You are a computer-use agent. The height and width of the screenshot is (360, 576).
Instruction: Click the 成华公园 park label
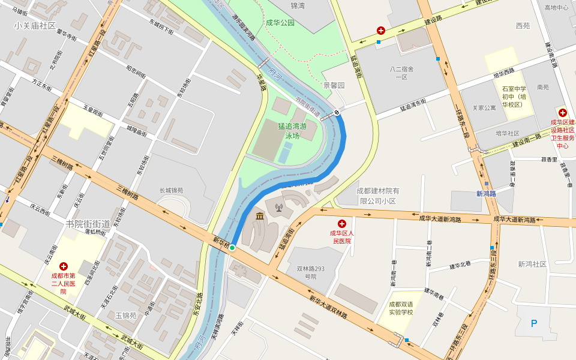280,23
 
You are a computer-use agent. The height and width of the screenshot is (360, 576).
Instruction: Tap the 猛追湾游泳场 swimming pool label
292,131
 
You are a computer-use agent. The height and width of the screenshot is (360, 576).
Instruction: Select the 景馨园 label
334,86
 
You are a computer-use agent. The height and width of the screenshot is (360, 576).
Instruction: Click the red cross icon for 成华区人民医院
342,223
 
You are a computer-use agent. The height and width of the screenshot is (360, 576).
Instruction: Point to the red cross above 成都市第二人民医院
64,266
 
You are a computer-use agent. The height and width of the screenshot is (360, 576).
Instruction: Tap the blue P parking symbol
534,323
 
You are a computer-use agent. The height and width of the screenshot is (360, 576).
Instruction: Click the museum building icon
260,216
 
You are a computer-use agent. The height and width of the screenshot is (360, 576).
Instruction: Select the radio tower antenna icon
278,208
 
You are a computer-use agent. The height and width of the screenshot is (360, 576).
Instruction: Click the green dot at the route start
232,247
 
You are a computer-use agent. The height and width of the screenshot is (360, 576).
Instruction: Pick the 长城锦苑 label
171,191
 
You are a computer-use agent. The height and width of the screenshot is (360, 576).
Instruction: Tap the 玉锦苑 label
126,316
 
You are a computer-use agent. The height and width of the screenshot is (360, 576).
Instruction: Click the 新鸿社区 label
532,264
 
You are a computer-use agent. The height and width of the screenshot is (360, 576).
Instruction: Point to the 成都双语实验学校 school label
401,308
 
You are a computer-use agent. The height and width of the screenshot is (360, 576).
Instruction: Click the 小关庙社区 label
35,26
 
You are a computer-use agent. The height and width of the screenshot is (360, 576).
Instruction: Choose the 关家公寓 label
484,108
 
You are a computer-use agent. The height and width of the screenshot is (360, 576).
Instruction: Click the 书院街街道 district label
88,224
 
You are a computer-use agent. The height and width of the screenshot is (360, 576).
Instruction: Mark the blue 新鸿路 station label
486,194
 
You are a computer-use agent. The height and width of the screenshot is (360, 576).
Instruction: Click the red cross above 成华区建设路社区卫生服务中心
563,112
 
